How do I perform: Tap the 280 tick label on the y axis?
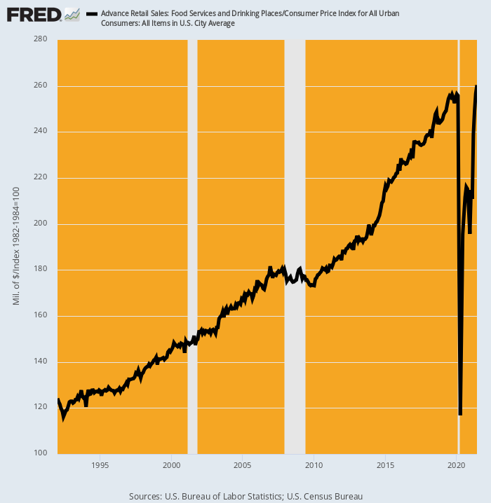[41, 39]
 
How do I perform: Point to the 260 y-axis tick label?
[41, 85]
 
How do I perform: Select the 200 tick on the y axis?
[41, 223]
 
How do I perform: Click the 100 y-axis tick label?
[41, 453]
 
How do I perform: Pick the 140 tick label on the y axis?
[41, 361]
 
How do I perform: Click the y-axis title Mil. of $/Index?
[16, 246]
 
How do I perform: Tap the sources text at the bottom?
[245, 496]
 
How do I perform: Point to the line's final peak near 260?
[477, 86]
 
